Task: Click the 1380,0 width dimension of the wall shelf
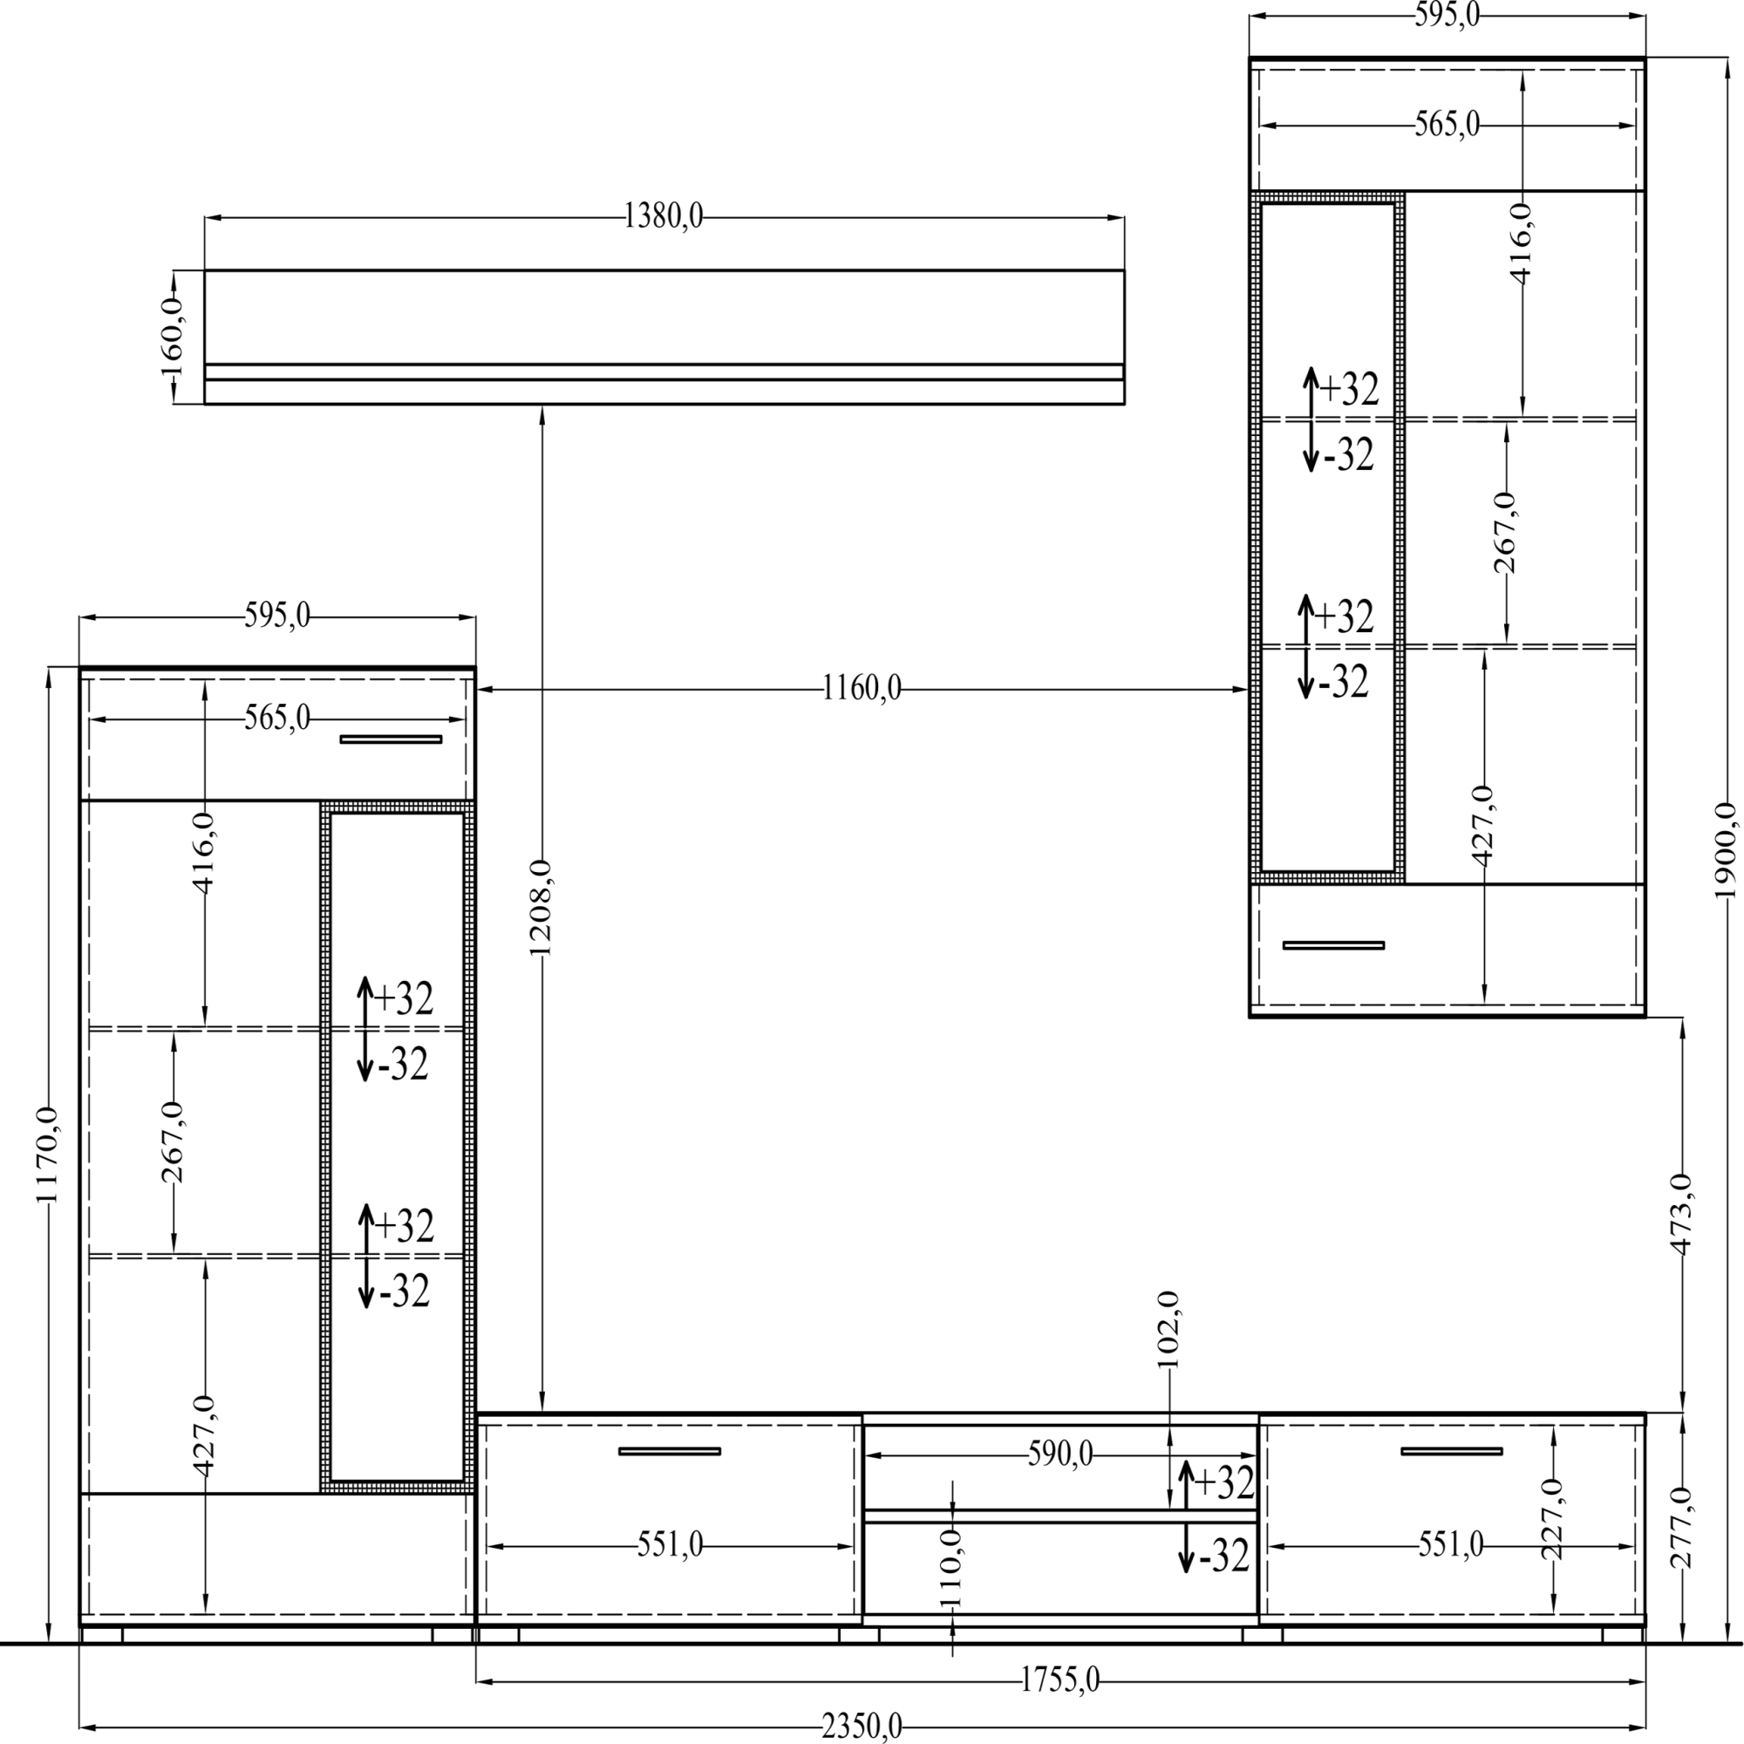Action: click(664, 215)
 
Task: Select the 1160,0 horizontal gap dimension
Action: click(862, 689)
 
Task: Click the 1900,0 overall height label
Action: click(1724, 851)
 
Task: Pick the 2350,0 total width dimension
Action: click(862, 1727)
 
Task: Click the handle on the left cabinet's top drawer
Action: click(391, 739)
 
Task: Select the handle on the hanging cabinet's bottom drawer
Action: click(1333, 945)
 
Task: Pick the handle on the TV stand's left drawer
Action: click(670, 1452)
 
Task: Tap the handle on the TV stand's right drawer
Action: click(1452, 1452)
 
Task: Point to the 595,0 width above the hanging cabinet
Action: click(1447, 16)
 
